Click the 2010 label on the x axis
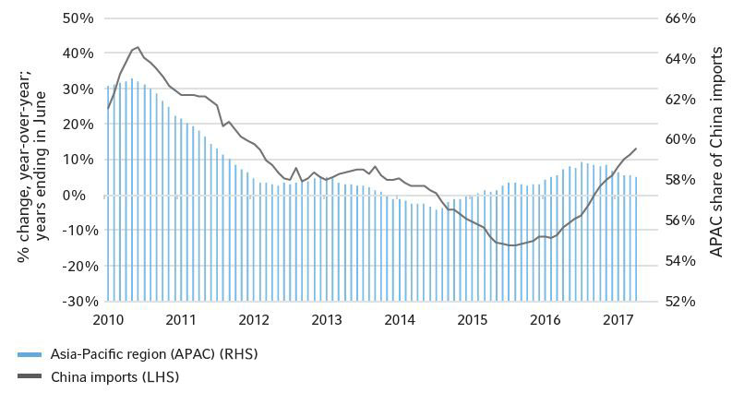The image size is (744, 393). coord(108,319)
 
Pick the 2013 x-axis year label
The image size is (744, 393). coord(327,319)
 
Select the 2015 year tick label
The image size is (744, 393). coord(474,319)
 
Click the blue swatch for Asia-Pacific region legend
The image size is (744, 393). coord(30,353)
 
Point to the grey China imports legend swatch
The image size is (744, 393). coord(30,376)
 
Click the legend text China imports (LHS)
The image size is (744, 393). coord(116,376)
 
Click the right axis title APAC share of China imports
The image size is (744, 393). coord(717,159)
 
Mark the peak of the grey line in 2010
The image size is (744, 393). coord(137,46)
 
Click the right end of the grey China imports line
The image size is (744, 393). coord(636,149)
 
